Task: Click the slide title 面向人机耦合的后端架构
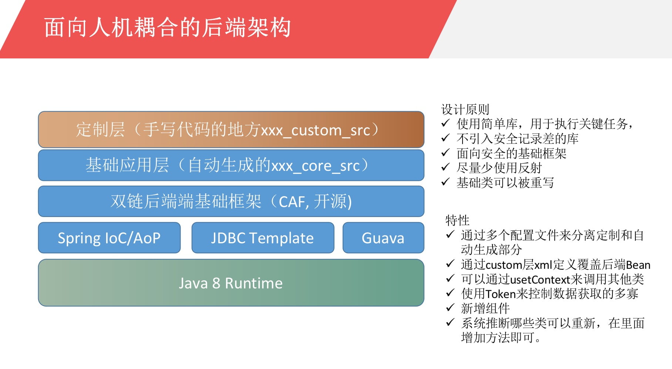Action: click(x=167, y=27)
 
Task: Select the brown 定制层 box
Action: click(x=231, y=129)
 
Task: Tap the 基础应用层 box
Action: click(x=231, y=165)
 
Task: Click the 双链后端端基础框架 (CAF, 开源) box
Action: click(x=231, y=202)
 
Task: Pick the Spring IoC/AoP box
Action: click(x=109, y=238)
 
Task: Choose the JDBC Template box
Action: click(x=263, y=238)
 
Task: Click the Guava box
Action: click(x=383, y=238)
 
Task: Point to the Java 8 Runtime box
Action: click(x=231, y=283)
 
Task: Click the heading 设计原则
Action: click(x=465, y=109)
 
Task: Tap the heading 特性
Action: click(x=457, y=220)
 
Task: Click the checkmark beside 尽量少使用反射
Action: click(x=446, y=167)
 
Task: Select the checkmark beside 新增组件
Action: click(x=450, y=308)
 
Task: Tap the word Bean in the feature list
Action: click(x=638, y=265)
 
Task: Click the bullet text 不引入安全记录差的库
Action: click(x=517, y=139)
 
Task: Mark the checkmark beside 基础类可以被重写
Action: click(x=446, y=182)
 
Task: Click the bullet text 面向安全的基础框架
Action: click(x=511, y=153)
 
